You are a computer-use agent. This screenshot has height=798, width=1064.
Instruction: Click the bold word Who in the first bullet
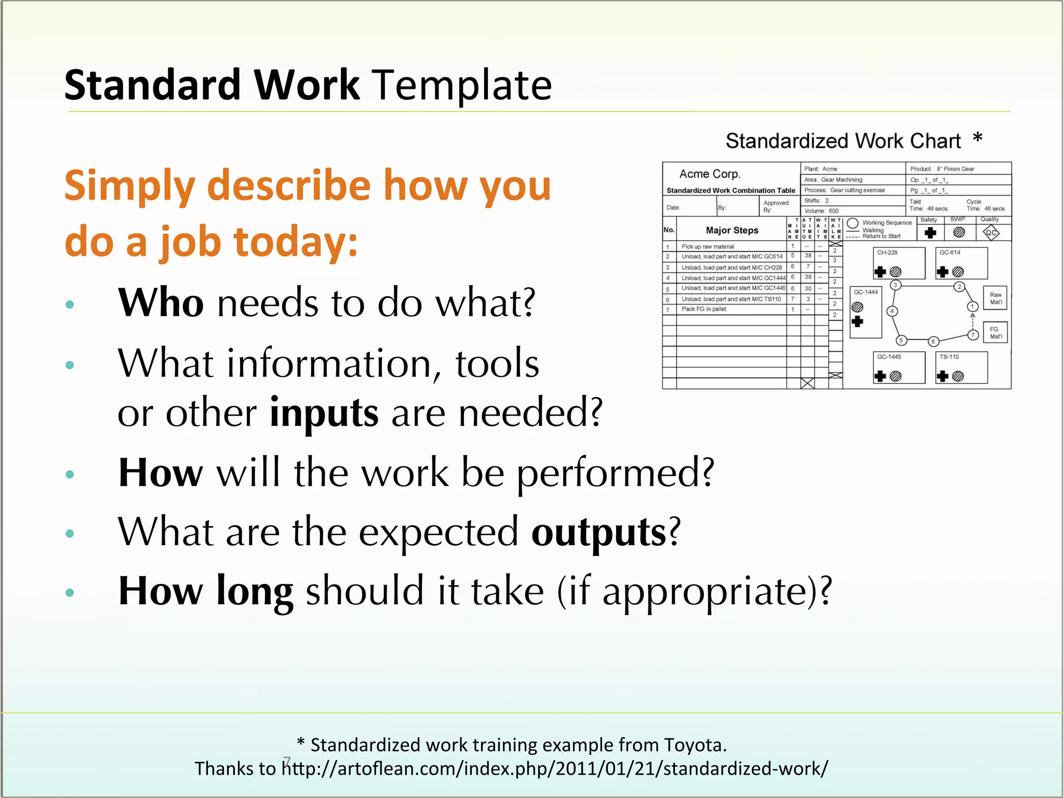tap(161, 303)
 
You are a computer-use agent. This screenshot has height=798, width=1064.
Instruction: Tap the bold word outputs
tap(598, 533)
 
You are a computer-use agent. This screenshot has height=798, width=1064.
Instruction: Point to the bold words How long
tap(206, 592)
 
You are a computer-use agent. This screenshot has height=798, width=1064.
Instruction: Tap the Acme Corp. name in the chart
tap(710, 174)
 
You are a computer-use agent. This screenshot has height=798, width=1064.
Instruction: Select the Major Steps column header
tap(731, 230)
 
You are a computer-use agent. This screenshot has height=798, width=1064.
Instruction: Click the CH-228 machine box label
tap(887, 253)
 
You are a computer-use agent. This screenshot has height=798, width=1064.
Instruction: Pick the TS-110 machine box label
tap(949, 357)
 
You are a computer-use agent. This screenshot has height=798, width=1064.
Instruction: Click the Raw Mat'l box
tap(995, 298)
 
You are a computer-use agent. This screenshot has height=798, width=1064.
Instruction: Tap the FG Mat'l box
tap(995, 332)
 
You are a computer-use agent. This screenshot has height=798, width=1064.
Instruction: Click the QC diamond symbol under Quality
tap(991, 233)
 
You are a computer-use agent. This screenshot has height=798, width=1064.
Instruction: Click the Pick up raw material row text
tap(708, 247)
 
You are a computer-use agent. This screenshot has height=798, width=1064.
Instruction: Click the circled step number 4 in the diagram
tap(892, 312)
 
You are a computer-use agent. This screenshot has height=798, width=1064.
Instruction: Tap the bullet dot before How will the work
tap(70, 474)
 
